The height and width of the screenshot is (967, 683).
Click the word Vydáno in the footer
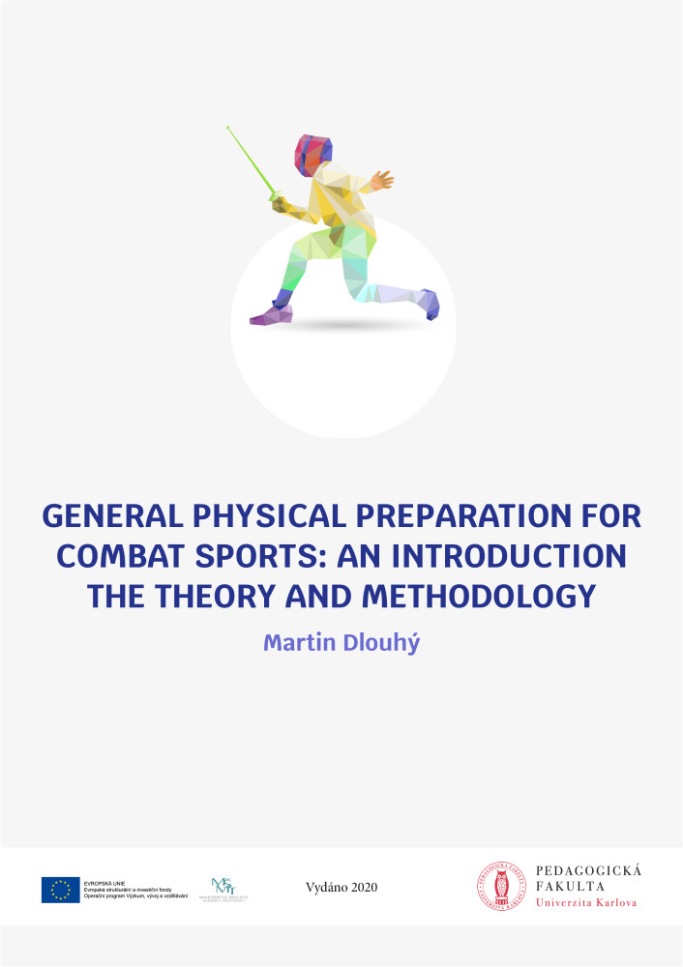[x=324, y=887]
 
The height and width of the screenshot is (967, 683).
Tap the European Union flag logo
[x=60, y=890]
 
